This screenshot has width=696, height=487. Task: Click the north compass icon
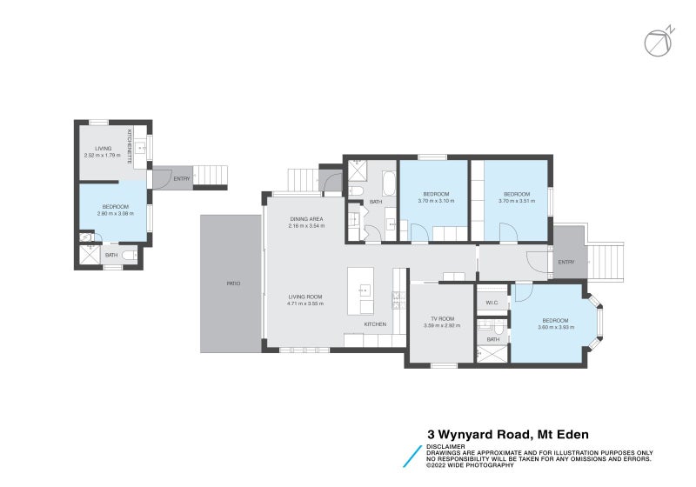[x=658, y=41]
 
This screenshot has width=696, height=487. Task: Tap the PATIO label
[x=233, y=284]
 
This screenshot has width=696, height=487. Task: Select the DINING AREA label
[x=305, y=219]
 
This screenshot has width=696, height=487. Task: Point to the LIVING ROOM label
[x=305, y=297]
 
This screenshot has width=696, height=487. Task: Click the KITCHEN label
[x=375, y=324]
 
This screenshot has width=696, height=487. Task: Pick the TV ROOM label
[x=441, y=318]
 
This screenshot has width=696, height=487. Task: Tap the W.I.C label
[x=491, y=303]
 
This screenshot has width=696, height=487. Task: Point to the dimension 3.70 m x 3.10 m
[x=436, y=200]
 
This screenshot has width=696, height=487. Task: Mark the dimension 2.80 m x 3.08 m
[x=115, y=213]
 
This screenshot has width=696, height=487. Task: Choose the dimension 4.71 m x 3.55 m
[x=305, y=304]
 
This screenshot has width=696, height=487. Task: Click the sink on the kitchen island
[x=364, y=290]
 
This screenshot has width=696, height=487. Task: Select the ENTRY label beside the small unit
[x=181, y=179]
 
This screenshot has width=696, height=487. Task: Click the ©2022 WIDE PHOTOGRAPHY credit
[x=470, y=465]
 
